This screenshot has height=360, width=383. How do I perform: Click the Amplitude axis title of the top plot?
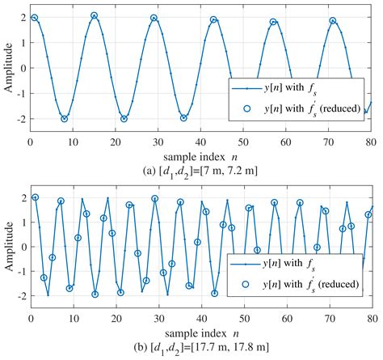click(x=7, y=68)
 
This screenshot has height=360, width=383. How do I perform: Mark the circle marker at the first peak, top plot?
click(x=34, y=17)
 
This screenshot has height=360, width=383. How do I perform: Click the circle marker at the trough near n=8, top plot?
click(x=65, y=119)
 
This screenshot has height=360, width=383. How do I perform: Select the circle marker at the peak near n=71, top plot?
click(x=332, y=21)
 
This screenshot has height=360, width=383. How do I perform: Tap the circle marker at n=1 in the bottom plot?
click(x=35, y=197)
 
